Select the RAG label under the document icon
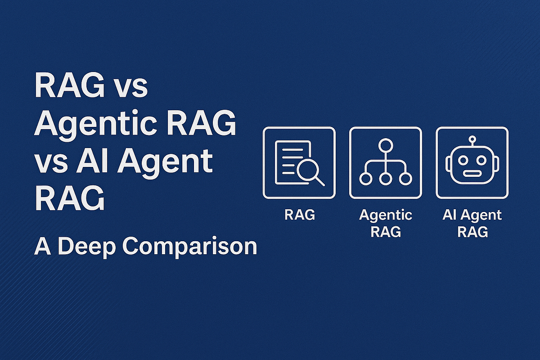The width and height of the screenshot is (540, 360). point(300,215)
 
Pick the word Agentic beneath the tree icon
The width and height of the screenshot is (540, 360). point(386,215)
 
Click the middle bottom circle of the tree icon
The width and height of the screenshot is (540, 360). point(386,178)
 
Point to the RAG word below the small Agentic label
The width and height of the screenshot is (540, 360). point(386,232)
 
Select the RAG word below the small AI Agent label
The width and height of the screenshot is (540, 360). point(472,232)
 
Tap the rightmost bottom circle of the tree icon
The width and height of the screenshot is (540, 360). point(406,178)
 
